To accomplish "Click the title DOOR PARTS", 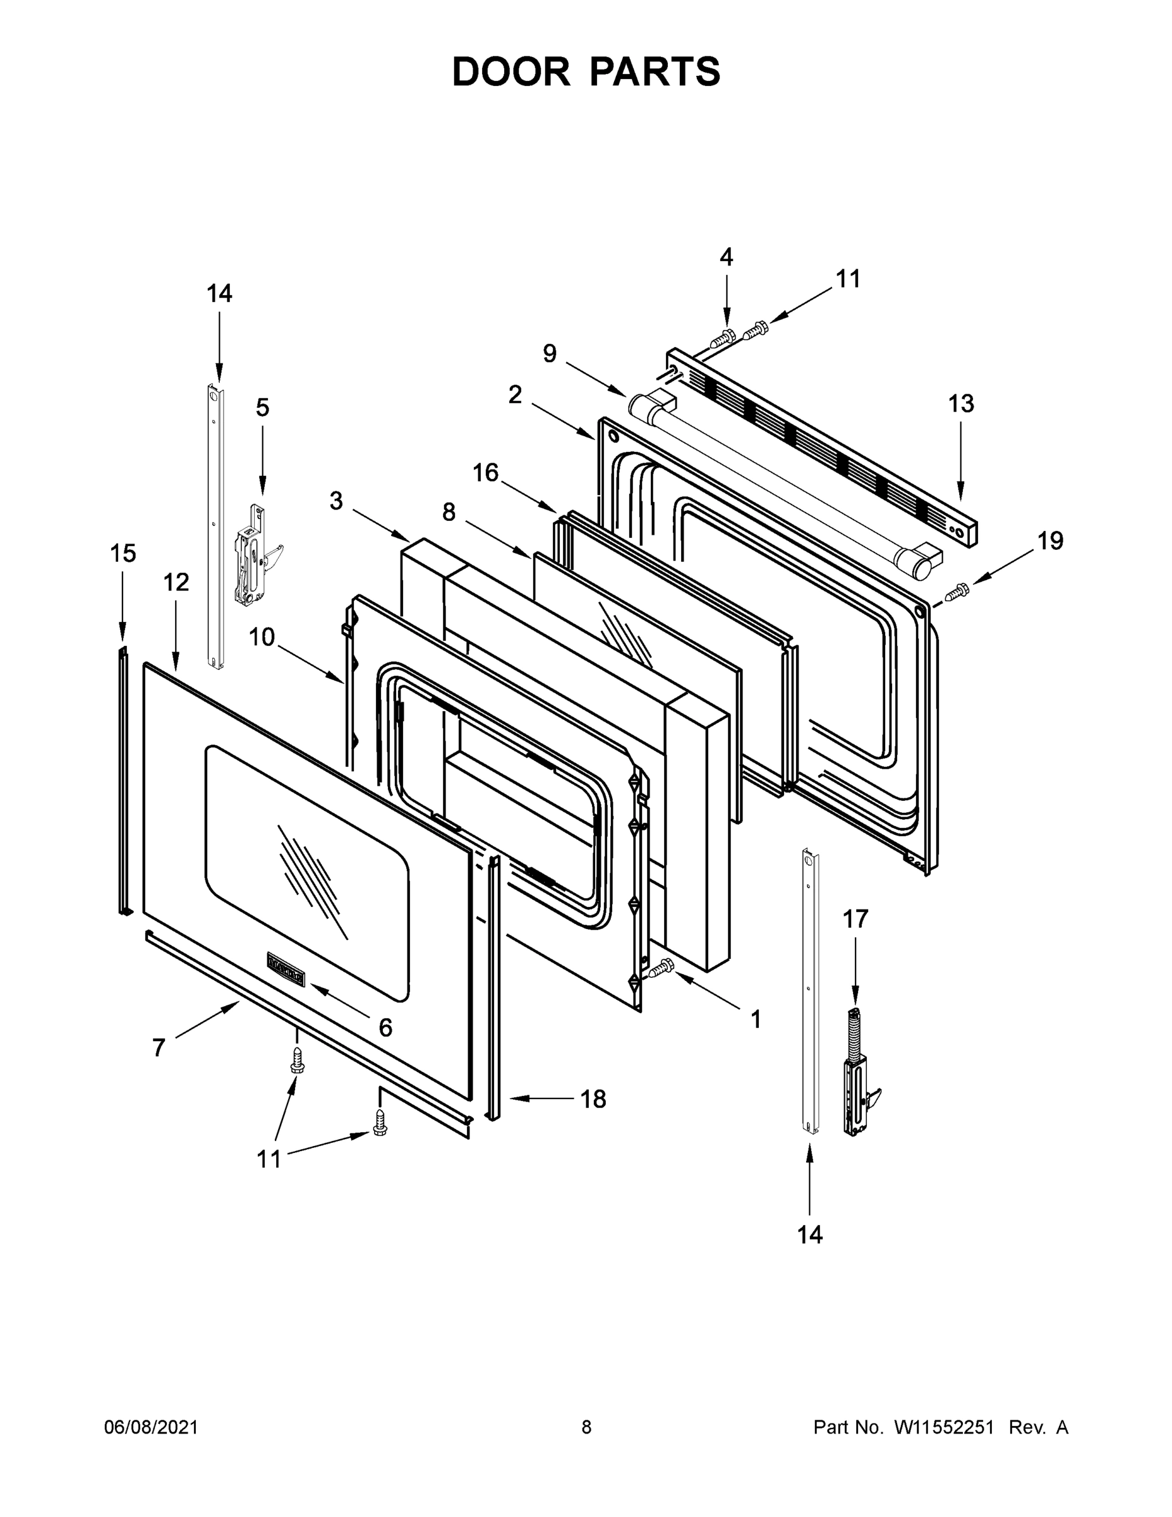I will pos(586,72).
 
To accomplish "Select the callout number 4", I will pos(725,258).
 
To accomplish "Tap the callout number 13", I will pos(961,403).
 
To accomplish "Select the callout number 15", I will pos(123,554).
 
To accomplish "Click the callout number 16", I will pos(485,473).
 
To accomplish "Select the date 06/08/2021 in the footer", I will pos(150,1427).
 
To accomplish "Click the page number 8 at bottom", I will pos(586,1427).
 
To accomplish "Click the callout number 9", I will pos(549,353).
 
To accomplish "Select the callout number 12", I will pos(176,582).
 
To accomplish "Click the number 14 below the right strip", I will pos(809,1235).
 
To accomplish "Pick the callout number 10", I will pos(262,637).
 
